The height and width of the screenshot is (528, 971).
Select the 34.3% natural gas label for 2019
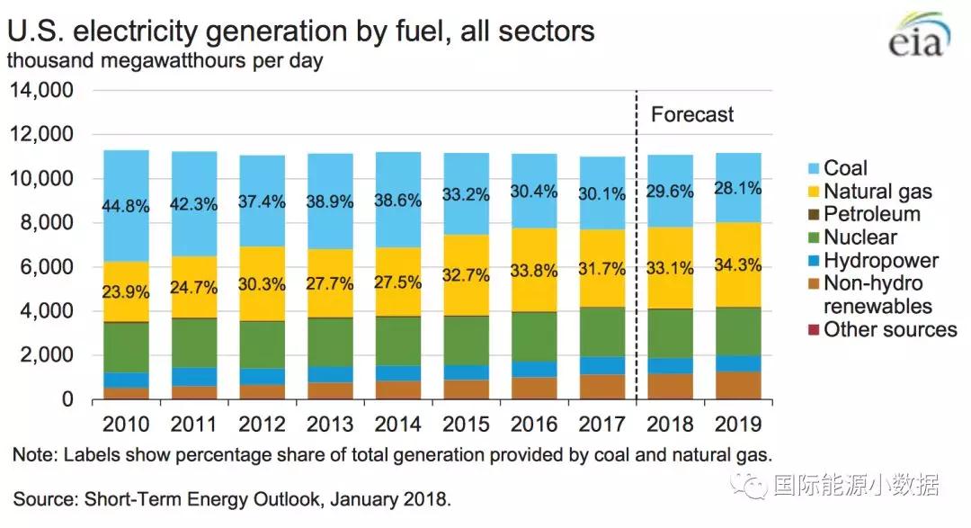[x=738, y=266]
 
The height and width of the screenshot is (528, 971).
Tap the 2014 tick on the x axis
[x=398, y=424]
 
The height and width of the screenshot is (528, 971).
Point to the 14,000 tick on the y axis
[x=41, y=91]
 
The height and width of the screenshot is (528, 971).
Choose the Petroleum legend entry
[x=872, y=214]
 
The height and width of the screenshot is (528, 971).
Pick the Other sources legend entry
[x=890, y=330]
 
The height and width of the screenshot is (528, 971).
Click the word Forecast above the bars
[x=692, y=114]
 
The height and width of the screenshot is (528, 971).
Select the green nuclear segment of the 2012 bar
[x=263, y=344]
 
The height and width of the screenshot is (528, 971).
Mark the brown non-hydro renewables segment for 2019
[x=738, y=385]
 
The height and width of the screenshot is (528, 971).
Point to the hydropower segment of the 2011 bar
[x=194, y=376]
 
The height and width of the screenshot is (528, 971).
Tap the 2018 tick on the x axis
[x=670, y=424]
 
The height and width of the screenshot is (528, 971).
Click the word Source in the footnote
[x=40, y=497]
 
